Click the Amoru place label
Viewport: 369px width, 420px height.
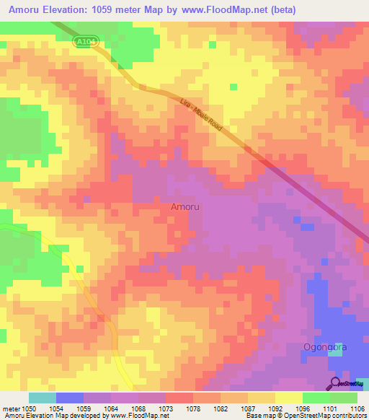tap(185, 207)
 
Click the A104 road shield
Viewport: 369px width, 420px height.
tap(86, 43)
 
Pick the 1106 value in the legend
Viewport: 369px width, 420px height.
tap(357, 408)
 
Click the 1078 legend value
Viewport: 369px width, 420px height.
tap(193, 408)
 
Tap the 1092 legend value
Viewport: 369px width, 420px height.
tap(275, 408)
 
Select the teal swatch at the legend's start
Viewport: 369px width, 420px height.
tap(42, 398)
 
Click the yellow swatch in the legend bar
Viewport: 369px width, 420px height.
tap(288, 398)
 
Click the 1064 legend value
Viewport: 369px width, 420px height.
tap(111, 408)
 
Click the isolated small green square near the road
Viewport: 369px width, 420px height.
tap(233, 87)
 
